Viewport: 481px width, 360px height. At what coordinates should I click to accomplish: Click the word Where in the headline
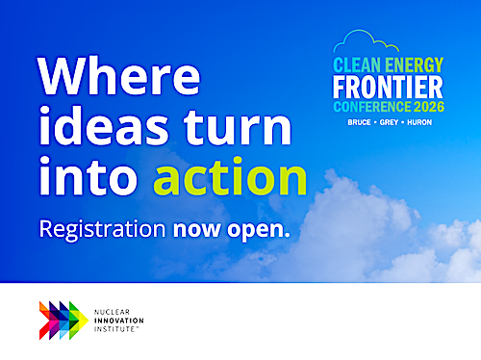119,76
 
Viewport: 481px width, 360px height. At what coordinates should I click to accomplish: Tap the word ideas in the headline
104,125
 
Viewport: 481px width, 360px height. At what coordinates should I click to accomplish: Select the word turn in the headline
238,127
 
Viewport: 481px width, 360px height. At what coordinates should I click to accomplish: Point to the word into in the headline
89,176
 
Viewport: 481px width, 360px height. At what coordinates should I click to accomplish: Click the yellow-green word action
230,176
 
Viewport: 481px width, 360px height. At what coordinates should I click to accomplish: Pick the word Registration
102,230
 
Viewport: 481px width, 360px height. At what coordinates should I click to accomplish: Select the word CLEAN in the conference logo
357,65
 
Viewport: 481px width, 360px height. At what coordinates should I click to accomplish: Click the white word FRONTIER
388,87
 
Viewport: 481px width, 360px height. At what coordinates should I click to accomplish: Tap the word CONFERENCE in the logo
372,107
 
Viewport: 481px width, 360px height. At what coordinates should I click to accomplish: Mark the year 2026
429,107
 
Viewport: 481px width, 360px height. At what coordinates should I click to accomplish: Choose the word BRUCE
359,122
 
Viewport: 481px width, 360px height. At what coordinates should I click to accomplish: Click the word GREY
389,122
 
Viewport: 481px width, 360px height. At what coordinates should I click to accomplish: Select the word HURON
419,122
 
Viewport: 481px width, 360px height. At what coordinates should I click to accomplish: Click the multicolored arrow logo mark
63,321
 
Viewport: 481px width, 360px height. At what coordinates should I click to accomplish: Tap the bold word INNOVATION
118,321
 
